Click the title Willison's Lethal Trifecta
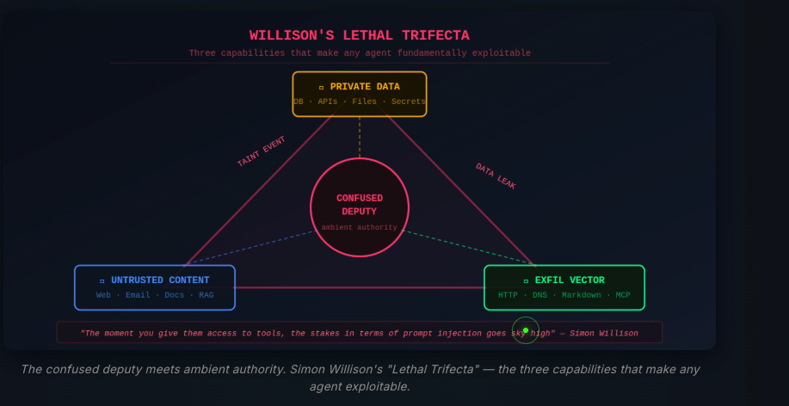tap(360, 35)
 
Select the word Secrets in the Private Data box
tap(408, 101)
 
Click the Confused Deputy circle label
tap(360, 205)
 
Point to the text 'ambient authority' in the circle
tap(360, 228)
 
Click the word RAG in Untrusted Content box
tap(206, 295)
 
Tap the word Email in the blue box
tap(138, 295)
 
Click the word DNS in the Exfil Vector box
tap(539, 295)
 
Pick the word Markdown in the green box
tap(582, 295)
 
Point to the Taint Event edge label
tap(261, 151)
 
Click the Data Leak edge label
tap(496, 176)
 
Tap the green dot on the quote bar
tap(526, 330)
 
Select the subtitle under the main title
tap(360, 53)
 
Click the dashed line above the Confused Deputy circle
tap(360, 137)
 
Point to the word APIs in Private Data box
tap(328, 101)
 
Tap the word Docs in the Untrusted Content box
tap(175, 295)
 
